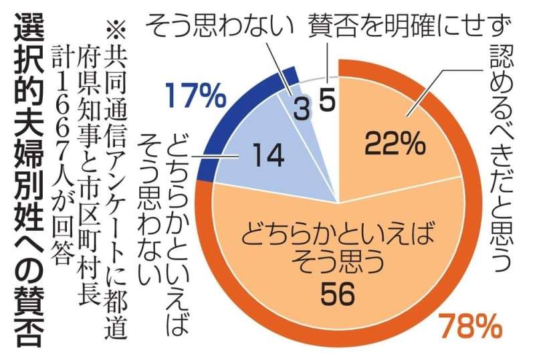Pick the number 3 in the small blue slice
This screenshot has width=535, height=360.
tap(302, 110)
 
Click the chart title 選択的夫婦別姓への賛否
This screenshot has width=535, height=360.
tap(27, 181)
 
